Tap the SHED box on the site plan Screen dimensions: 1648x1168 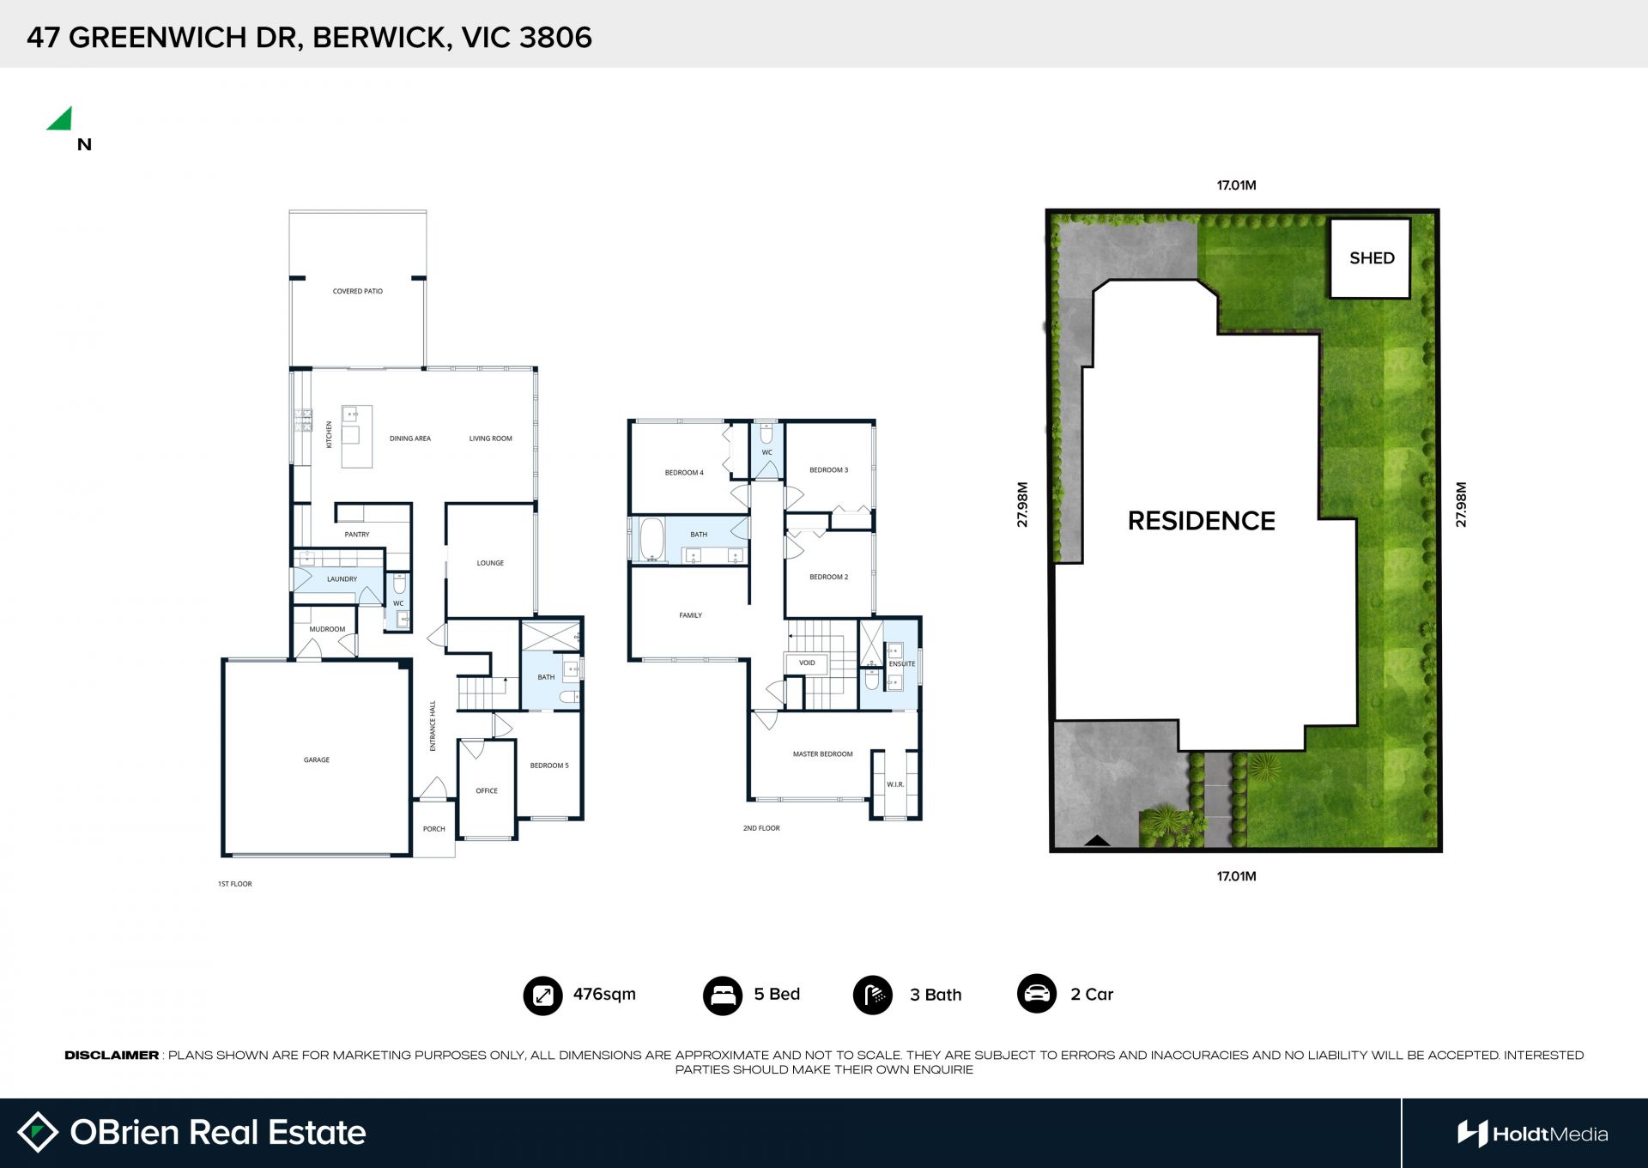pyautogui.click(x=1370, y=258)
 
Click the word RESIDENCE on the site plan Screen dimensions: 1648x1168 pyautogui.click(x=1201, y=521)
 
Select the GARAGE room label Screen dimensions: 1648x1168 pyautogui.click(x=317, y=760)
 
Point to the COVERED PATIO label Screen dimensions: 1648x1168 pyautogui.click(x=358, y=291)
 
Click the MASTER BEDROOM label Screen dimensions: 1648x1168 pyautogui.click(x=822, y=754)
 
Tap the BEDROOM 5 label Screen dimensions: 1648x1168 pyautogui.click(x=549, y=766)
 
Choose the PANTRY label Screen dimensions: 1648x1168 pyautogui.click(x=357, y=535)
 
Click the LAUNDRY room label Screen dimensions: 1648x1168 pyautogui.click(x=342, y=579)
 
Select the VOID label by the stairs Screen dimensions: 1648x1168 pyautogui.click(x=807, y=663)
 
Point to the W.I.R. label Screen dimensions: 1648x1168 pyautogui.click(x=895, y=784)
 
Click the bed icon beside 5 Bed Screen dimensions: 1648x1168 pyautogui.click(x=723, y=996)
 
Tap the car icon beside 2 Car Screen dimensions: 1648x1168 pyautogui.click(x=1037, y=994)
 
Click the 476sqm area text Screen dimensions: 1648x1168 pyautogui.click(x=604, y=994)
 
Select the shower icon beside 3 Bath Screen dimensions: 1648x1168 pyautogui.click(x=873, y=996)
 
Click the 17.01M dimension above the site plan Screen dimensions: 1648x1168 pyautogui.click(x=1236, y=185)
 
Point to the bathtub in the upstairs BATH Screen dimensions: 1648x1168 pyautogui.click(x=652, y=539)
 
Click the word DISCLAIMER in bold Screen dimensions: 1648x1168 pyautogui.click(x=112, y=1055)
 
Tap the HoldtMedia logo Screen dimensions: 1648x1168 pyautogui.click(x=1532, y=1134)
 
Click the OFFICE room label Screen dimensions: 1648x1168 pyautogui.click(x=487, y=791)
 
